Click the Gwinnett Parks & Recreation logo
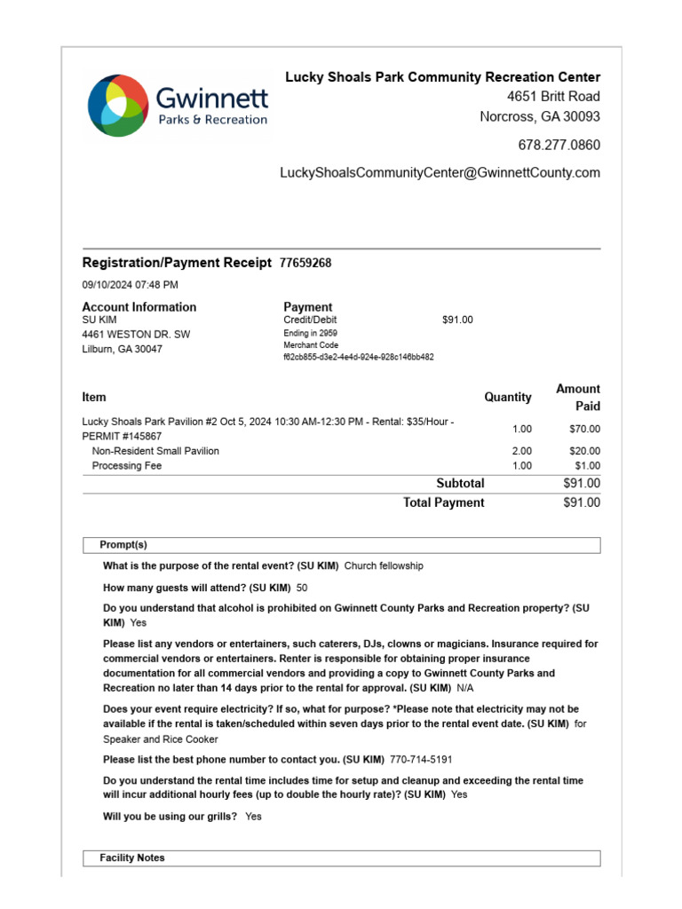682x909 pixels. tap(177, 106)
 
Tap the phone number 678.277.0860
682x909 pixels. tap(559, 145)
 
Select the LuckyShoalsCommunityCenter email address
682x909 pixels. tap(440, 173)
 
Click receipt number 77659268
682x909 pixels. tap(305, 263)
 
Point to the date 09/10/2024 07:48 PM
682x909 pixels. tap(130, 285)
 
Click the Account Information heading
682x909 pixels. tap(139, 307)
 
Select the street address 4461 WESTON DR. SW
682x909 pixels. tap(136, 335)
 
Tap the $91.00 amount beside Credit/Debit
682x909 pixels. tap(457, 320)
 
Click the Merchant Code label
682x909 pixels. tap(311, 345)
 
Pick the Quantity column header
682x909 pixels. tap(507, 397)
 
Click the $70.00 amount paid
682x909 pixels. tap(584, 429)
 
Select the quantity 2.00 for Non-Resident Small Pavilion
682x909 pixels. tap(521, 451)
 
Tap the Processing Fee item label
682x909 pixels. tap(127, 465)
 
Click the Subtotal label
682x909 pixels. tap(460, 484)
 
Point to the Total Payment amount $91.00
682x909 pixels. tap(582, 502)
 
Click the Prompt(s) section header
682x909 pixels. tap(123, 544)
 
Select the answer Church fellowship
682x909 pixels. tap(384, 565)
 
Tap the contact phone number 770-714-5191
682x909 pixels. tap(421, 760)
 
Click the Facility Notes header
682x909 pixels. tap(132, 858)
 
